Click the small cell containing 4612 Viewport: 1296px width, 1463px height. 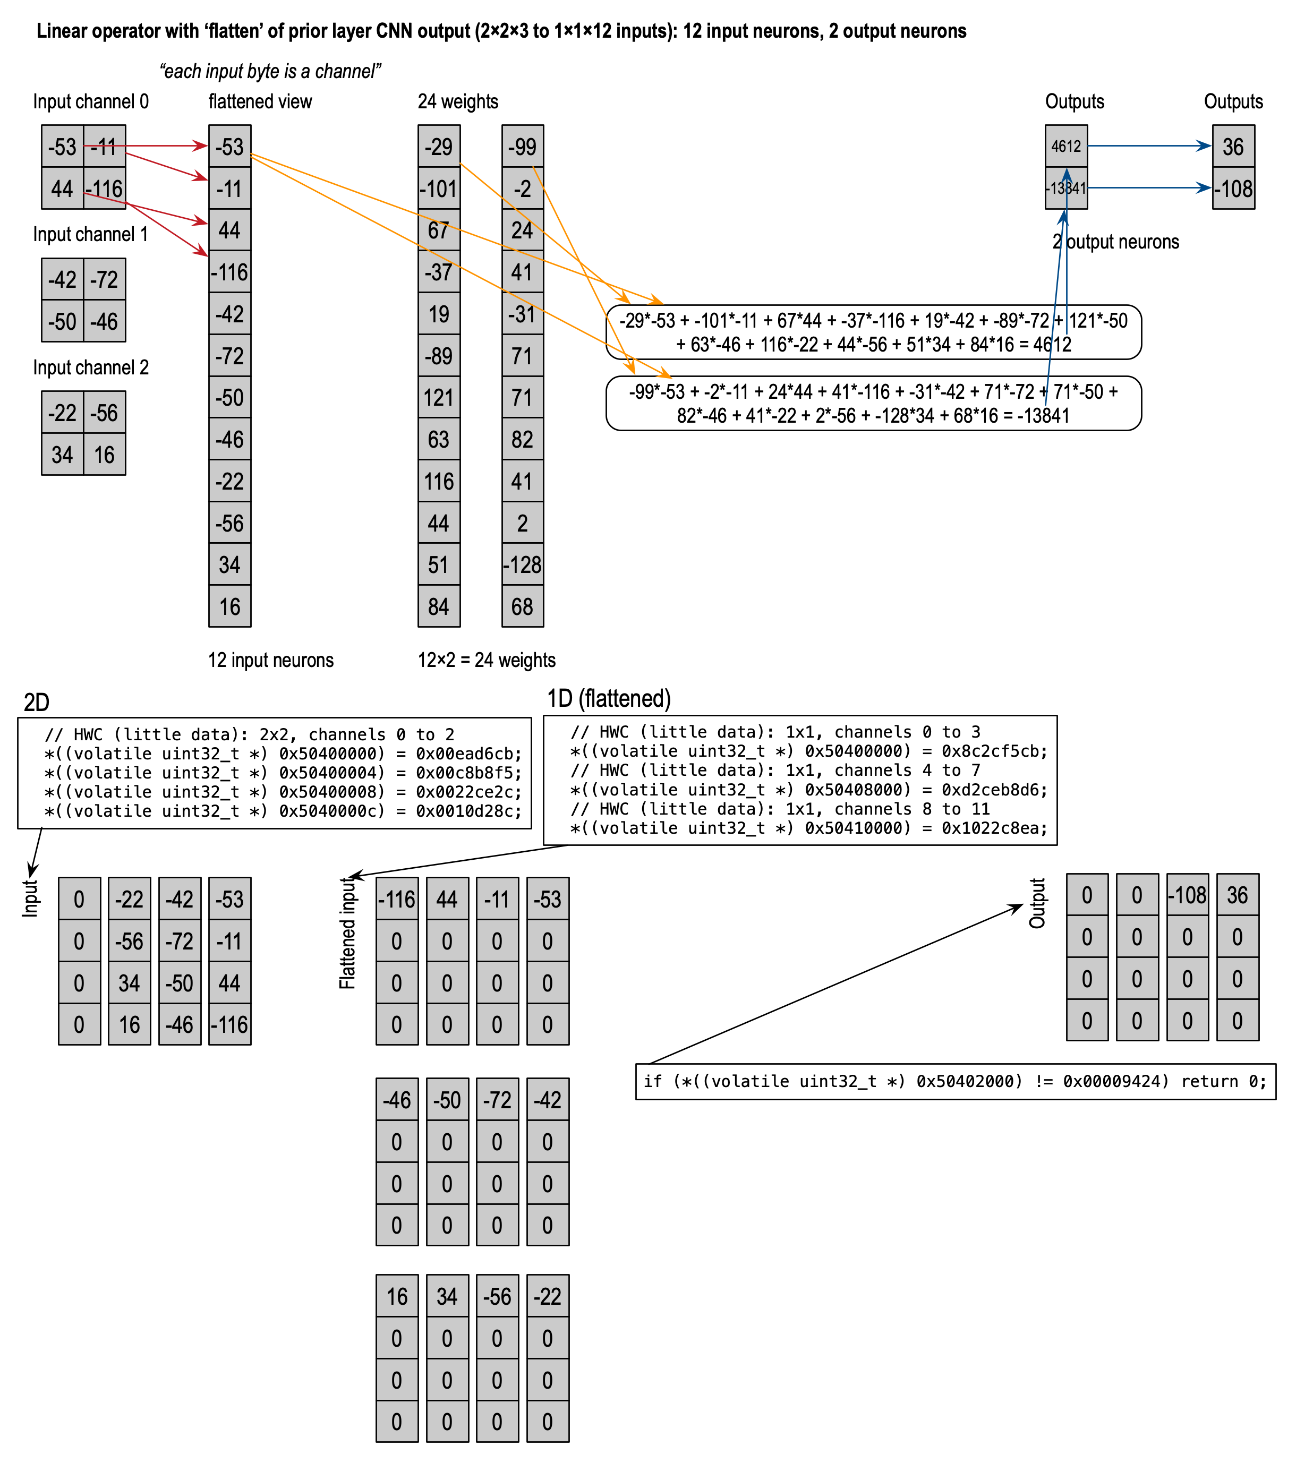point(1065,147)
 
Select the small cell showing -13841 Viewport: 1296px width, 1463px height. point(1065,188)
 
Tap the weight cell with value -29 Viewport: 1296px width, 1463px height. point(439,147)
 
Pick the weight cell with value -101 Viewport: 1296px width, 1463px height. point(439,188)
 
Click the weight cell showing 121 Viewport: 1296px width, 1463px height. point(439,397)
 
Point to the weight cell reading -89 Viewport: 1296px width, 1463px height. point(439,356)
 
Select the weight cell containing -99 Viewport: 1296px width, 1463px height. point(523,147)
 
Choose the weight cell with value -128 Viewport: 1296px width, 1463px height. point(523,564)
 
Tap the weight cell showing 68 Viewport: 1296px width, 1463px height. point(523,607)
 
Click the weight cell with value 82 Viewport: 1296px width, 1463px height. point(523,439)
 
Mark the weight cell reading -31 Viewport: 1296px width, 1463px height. point(523,313)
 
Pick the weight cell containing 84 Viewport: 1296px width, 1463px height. point(439,607)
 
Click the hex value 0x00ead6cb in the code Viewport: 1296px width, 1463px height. point(469,754)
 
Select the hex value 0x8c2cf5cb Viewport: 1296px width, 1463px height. point(994,751)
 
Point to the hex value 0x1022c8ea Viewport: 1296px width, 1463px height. point(994,828)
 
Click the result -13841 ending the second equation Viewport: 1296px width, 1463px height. point(1043,416)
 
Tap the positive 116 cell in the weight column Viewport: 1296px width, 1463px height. point(439,481)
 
